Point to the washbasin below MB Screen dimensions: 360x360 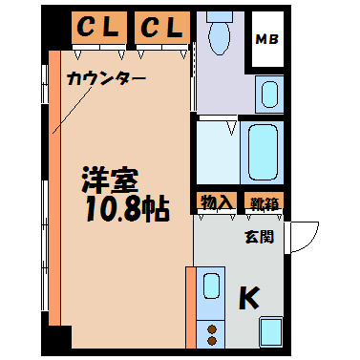[x=268, y=94]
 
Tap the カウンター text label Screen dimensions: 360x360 [x=106, y=79]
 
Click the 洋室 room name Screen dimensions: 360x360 [x=112, y=180]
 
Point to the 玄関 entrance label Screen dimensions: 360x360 [x=258, y=236]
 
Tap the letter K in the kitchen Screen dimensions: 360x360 [x=247, y=298]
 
